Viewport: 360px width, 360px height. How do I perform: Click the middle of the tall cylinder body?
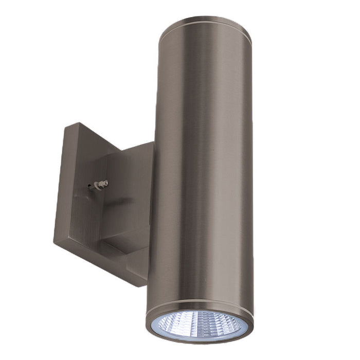203,170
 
